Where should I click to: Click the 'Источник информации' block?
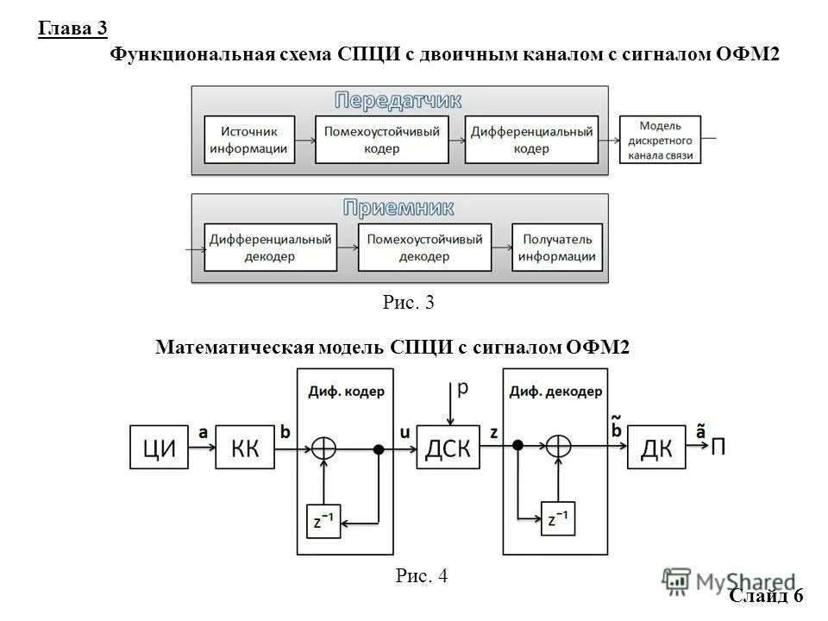248,140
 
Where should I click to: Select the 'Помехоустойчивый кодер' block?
381,140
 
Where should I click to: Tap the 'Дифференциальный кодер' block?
531,140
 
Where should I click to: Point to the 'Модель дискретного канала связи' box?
661,140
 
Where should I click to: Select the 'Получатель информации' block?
557,248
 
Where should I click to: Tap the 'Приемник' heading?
398,208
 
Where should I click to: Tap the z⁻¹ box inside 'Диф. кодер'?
323,521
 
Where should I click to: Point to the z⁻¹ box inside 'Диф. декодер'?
557,520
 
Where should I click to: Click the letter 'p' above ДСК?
462,390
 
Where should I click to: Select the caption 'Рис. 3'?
406,303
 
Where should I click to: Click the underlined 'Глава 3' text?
72,29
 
